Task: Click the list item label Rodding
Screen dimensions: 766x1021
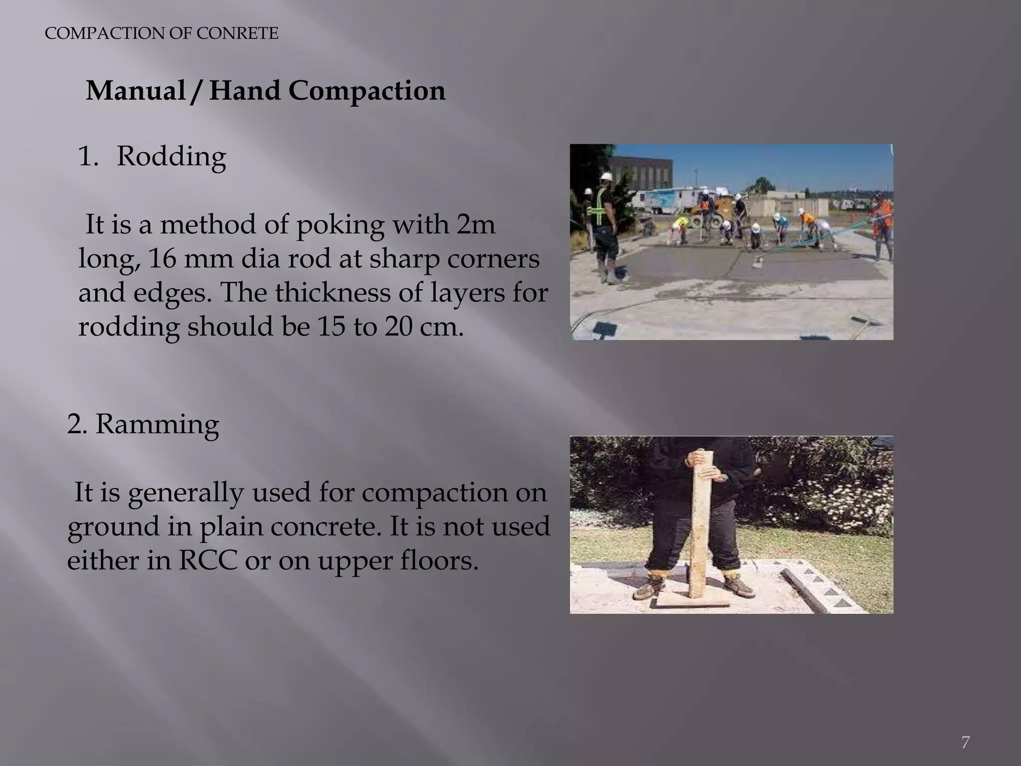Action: [x=171, y=157]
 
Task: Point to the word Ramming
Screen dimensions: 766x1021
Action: [x=157, y=424]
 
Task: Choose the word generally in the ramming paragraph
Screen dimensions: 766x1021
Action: [x=185, y=493]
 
